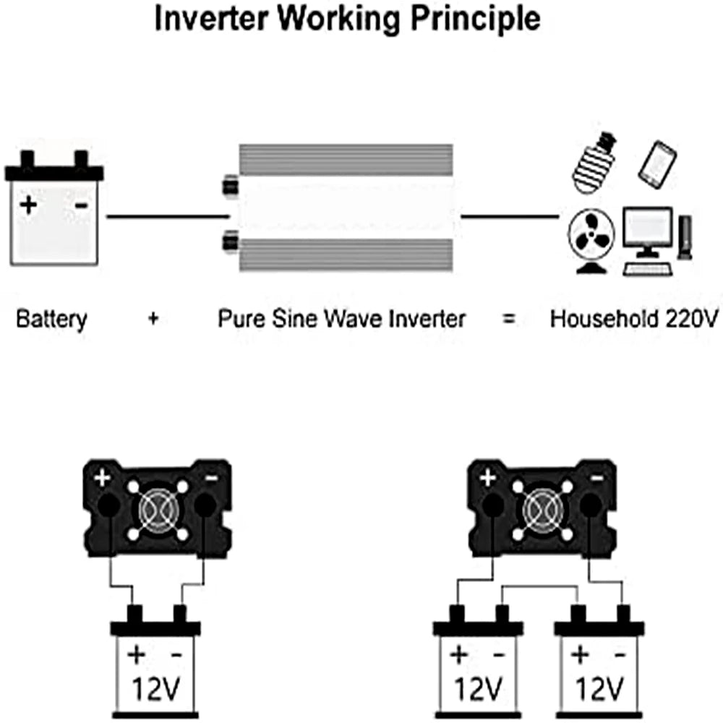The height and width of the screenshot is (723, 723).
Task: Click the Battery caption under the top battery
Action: (51, 319)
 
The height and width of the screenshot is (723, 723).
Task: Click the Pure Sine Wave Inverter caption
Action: (341, 319)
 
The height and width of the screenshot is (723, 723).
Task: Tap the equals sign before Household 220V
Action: (509, 319)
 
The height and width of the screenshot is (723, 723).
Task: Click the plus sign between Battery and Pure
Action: (153, 319)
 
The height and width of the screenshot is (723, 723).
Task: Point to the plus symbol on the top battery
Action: (28, 205)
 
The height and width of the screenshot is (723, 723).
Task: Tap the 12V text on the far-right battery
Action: (599, 690)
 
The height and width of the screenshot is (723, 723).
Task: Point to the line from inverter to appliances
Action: (510, 215)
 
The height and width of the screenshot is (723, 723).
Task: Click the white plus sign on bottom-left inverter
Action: (102, 478)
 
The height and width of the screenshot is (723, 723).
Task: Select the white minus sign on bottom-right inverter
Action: (597, 478)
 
